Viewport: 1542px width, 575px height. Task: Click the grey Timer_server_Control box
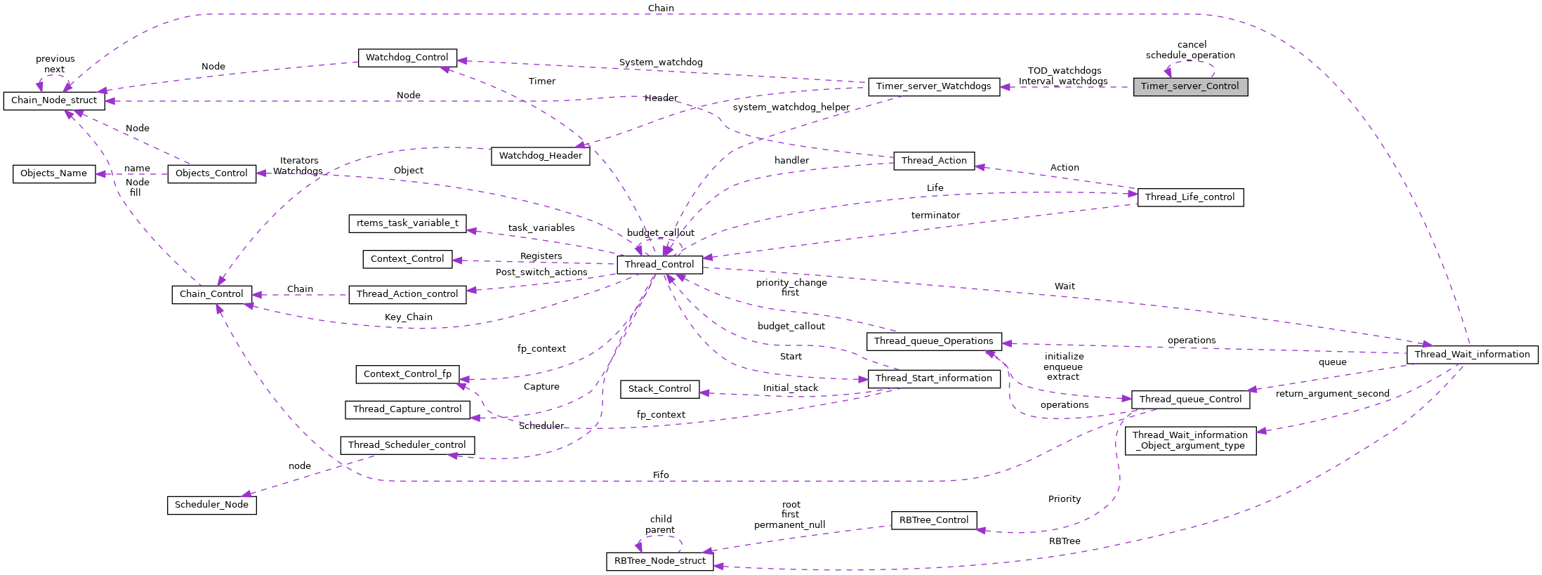pos(1190,86)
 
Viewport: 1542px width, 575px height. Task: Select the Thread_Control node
pos(659,265)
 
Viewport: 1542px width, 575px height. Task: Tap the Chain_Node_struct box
pos(54,100)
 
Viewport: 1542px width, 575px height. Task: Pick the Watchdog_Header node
pos(540,156)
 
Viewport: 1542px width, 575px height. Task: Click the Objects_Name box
pos(54,173)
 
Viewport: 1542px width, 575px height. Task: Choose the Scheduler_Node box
pos(211,505)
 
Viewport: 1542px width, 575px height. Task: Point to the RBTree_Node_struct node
pos(659,561)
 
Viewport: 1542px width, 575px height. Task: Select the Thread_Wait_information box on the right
pos(1472,355)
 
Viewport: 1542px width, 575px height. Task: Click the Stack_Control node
pos(659,389)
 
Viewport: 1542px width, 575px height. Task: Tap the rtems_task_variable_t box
pos(407,223)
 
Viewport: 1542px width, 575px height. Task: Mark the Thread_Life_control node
pos(1190,197)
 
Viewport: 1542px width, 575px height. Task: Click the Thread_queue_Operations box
pos(933,341)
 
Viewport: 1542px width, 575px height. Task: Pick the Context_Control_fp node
pos(407,374)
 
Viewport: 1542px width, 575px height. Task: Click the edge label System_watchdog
pos(660,62)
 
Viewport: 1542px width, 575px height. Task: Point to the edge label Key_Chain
pos(408,317)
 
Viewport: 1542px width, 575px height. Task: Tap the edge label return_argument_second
pos(1332,394)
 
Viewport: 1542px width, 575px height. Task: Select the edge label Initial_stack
pos(790,388)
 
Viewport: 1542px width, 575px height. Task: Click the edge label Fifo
pos(660,475)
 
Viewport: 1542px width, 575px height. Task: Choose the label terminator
pos(935,216)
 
